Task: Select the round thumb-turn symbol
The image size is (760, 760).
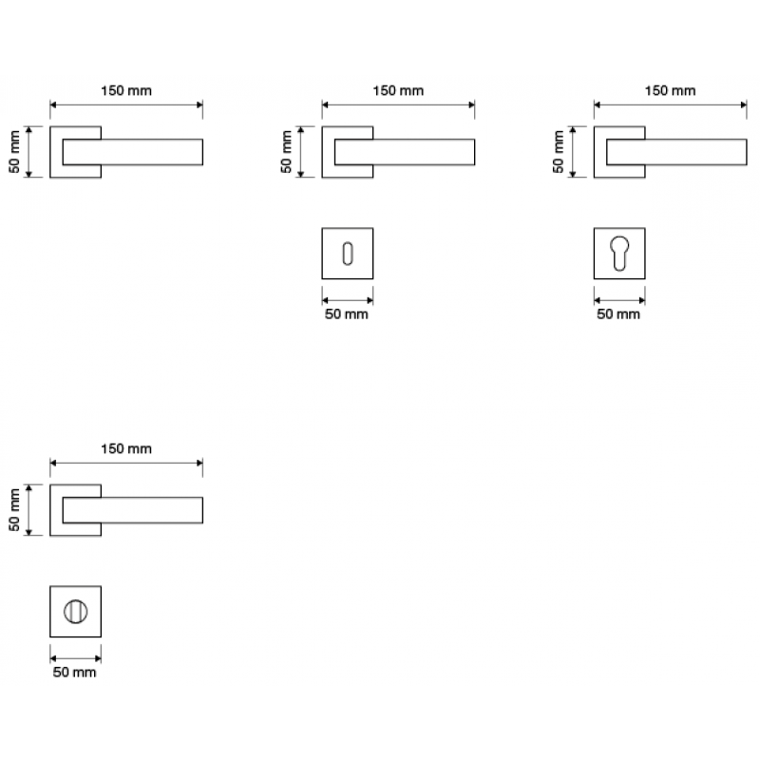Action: coord(74,613)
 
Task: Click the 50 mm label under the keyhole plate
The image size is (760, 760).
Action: coord(346,314)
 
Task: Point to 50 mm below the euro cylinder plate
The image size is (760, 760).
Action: coord(618,314)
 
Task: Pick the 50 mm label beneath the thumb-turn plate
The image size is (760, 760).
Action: coord(74,673)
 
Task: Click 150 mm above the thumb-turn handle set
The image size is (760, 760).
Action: coord(126,448)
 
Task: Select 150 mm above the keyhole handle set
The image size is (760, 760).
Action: coord(398,91)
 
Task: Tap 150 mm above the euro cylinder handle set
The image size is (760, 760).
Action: coord(671,91)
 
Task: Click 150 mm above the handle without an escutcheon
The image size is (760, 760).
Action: coord(126,91)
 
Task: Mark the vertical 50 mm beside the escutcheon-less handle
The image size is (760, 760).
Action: coord(14,151)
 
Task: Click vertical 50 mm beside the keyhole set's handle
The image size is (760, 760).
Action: coord(287,151)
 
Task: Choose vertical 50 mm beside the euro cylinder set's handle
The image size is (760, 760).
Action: coord(559,151)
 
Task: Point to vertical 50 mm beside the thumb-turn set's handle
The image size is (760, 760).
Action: coord(14,510)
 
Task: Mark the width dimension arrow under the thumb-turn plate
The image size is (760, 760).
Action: coord(74,655)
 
